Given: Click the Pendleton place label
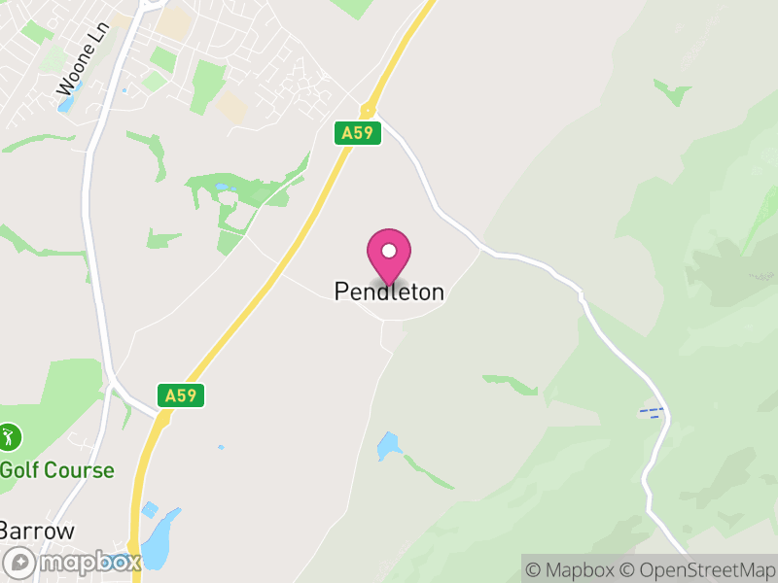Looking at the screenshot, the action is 389,291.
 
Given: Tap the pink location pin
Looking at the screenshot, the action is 389,255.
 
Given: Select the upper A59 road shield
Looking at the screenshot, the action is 357,133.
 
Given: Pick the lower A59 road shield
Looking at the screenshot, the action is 181,395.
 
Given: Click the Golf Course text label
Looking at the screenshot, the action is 56,471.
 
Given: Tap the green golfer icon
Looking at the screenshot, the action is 10,437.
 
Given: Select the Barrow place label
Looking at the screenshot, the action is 37,531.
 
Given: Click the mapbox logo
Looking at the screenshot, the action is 73,562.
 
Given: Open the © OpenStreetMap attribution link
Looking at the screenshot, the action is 697,569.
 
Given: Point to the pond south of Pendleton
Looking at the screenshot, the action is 388,446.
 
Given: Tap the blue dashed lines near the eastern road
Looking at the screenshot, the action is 651,413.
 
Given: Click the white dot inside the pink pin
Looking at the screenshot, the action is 389,251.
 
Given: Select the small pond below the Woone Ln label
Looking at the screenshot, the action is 64,103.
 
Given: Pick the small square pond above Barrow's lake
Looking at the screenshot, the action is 150,510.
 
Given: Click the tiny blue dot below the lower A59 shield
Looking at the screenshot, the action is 221,448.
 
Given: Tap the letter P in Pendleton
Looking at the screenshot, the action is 341,291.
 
